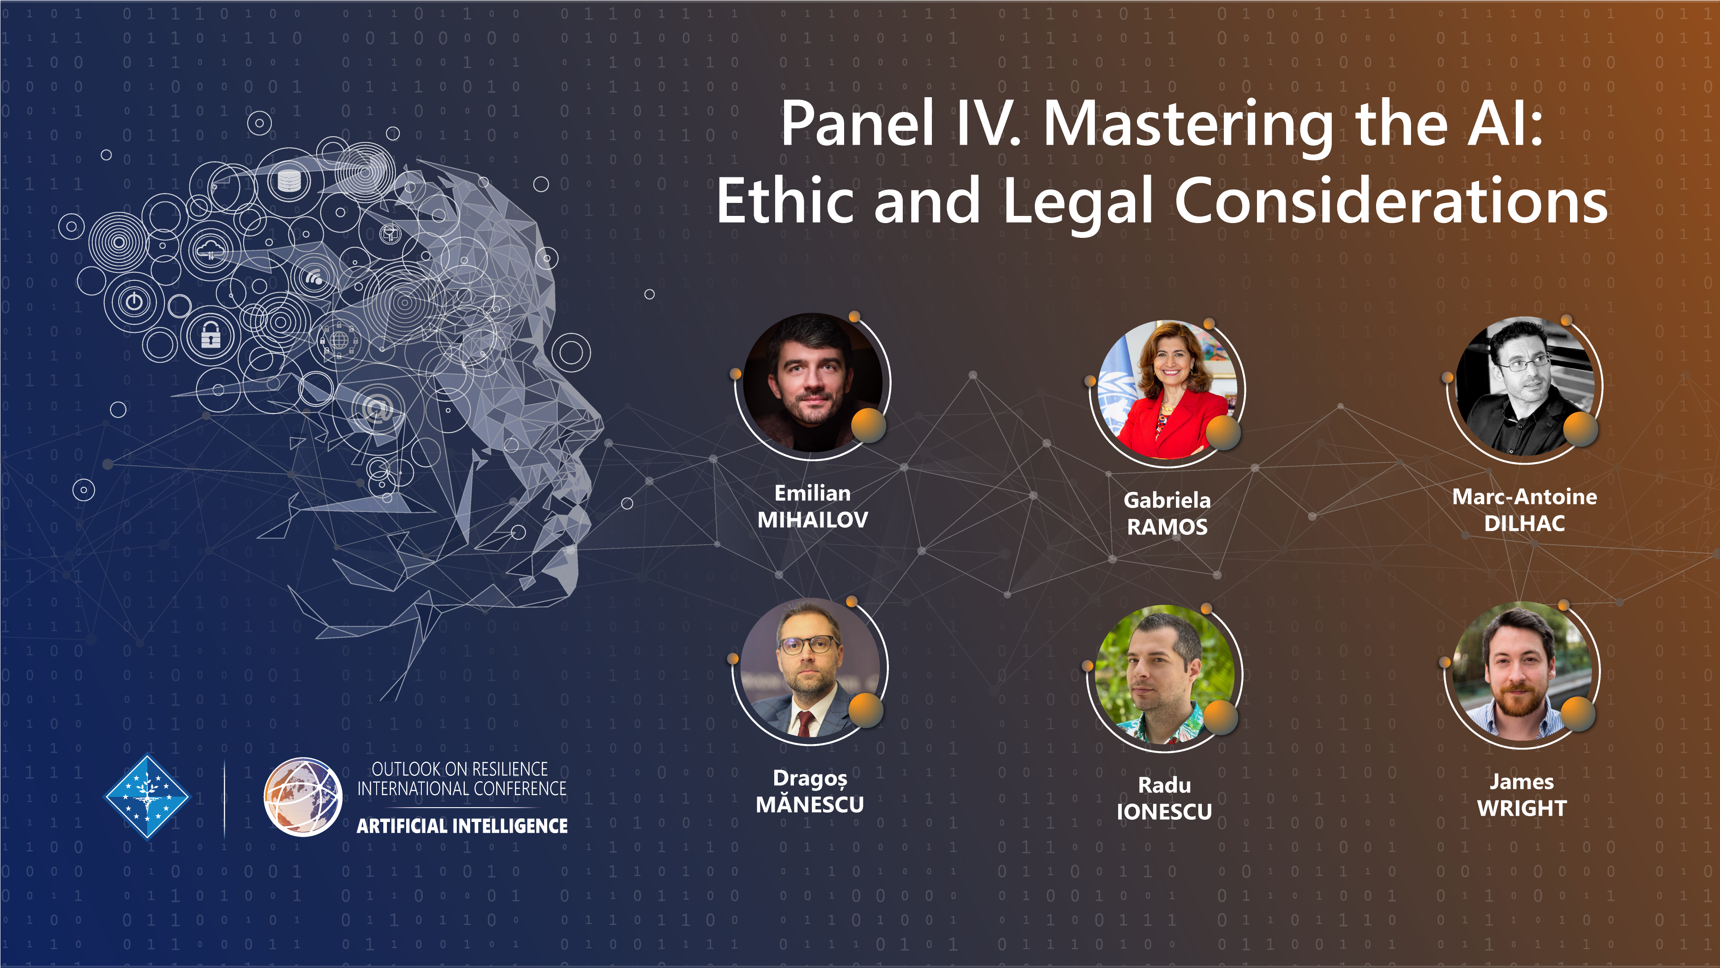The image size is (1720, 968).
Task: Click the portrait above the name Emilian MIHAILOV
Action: (x=813, y=383)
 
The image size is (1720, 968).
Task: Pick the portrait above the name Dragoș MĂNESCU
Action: (x=810, y=667)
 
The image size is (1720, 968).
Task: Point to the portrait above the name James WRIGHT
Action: (x=1523, y=671)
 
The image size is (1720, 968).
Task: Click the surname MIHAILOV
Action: (x=813, y=520)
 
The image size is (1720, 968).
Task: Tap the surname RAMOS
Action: (x=1167, y=527)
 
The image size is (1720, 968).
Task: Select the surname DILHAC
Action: (x=1524, y=524)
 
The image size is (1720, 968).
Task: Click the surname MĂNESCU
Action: (x=810, y=804)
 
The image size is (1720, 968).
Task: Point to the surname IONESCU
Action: (x=1164, y=812)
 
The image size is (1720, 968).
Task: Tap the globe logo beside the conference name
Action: (x=302, y=797)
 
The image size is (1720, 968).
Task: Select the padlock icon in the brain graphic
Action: (x=211, y=336)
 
